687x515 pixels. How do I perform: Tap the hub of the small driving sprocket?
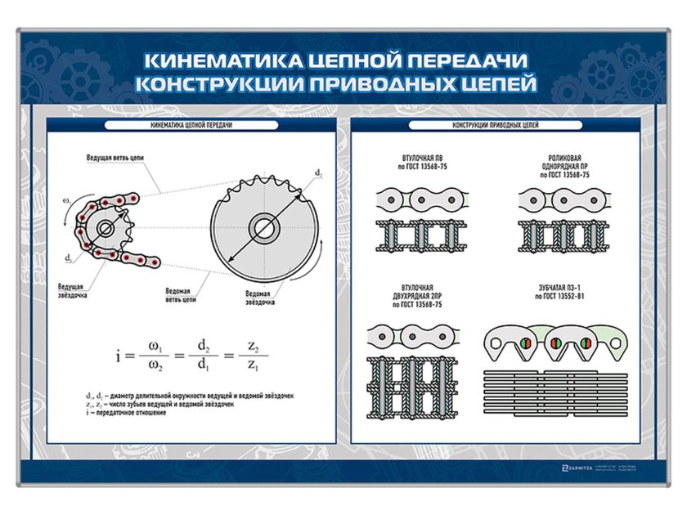coord(106,228)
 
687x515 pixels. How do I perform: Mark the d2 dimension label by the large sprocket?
coord(318,174)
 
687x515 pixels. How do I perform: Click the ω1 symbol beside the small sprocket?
coord(66,199)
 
